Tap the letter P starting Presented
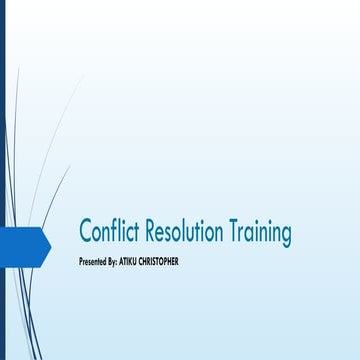80,261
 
